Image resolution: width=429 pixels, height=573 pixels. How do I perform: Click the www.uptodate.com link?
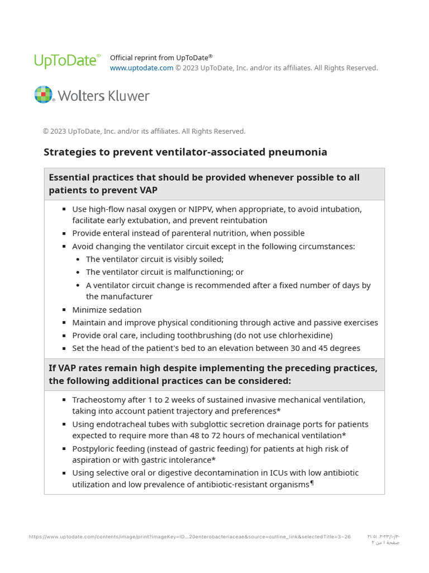tap(141, 68)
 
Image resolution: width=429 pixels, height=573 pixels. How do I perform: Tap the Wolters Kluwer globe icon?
tap(44, 95)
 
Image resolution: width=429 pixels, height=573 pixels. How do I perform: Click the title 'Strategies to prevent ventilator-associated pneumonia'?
tap(185, 152)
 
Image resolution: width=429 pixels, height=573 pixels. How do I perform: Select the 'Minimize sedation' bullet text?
tap(107, 310)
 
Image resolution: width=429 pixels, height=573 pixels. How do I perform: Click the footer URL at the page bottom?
tap(189, 537)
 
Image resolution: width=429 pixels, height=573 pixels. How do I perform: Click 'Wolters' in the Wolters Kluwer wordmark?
tap(79, 96)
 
